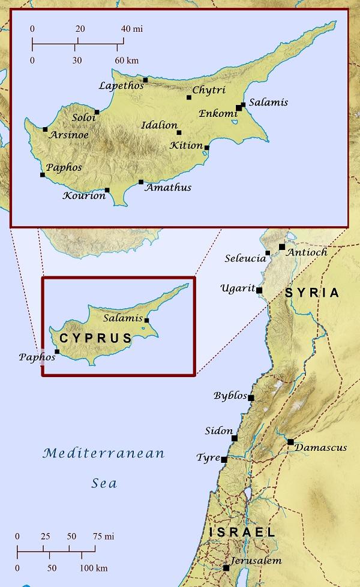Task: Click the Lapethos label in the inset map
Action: tap(122, 86)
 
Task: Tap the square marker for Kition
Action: tap(207, 147)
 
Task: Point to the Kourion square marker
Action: tap(107, 190)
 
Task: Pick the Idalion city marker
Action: tap(179, 133)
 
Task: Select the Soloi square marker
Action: tap(97, 112)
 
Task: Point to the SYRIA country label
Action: tap(312, 293)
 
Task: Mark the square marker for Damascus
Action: tap(290, 442)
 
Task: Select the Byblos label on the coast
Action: tap(230, 396)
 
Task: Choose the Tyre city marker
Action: tap(224, 459)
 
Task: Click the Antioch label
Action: tap(307, 252)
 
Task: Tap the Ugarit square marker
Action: tap(259, 290)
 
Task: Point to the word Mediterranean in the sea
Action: tap(104, 453)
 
